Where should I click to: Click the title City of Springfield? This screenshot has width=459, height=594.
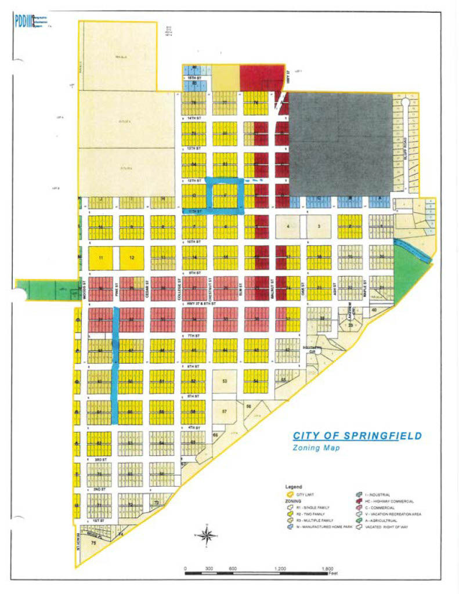(357, 436)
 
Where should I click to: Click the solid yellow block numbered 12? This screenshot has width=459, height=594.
(132, 257)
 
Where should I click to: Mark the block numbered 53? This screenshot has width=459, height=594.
(225, 381)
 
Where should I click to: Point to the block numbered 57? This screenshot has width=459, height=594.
(225, 411)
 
